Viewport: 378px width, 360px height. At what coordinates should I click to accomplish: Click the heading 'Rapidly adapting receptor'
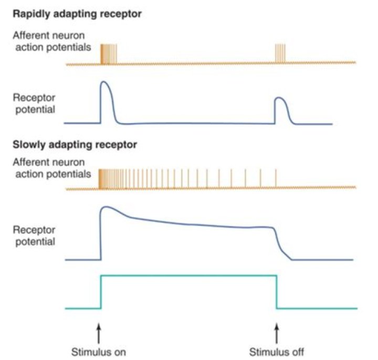click(x=77, y=14)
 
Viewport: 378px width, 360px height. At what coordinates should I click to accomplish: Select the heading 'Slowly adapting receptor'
click(x=75, y=145)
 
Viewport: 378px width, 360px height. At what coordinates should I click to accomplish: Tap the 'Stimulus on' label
click(x=99, y=352)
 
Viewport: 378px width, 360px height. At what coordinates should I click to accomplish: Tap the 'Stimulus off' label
click(x=277, y=352)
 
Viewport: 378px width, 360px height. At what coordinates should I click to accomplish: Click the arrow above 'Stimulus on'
click(x=99, y=333)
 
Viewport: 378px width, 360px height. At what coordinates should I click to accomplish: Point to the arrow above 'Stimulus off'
click(x=277, y=333)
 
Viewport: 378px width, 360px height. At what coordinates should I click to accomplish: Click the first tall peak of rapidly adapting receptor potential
click(x=104, y=82)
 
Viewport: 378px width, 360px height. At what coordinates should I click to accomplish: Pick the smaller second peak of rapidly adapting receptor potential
click(x=279, y=98)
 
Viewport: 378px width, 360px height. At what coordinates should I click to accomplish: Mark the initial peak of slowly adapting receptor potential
click(x=105, y=207)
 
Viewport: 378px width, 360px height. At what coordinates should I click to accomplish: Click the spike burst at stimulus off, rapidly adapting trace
click(x=280, y=54)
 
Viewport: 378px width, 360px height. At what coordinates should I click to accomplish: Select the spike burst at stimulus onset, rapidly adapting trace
click(x=109, y=54)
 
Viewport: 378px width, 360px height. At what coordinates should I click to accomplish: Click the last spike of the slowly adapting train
click(x=276, y=179)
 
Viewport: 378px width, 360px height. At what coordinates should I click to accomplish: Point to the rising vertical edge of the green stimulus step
click(x=101, y=292)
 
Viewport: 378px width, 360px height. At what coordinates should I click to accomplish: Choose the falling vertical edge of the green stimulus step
click(x=277, y=292)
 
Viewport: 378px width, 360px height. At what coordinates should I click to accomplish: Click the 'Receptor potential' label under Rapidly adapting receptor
click(x=34, y=104)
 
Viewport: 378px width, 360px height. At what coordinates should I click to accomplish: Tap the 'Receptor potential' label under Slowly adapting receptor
click(x=34, y=236)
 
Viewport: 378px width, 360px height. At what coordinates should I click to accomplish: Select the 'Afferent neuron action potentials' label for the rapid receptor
click(x=52, y=42)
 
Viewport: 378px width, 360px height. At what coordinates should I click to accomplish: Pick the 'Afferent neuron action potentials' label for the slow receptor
click(x=52, y=168)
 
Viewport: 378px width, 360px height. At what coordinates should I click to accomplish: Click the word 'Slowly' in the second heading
click(x=29, y=145)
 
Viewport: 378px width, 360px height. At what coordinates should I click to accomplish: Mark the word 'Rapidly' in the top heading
click(x=31, y=14)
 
